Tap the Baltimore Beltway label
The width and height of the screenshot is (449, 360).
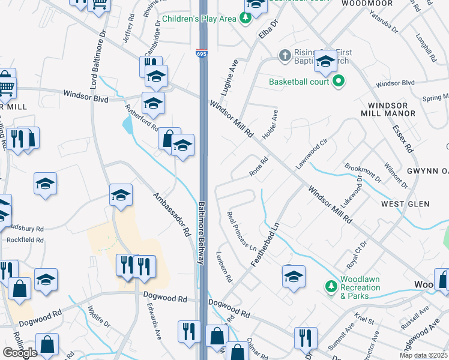(203, 232)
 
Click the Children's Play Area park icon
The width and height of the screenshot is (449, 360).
(246, 19)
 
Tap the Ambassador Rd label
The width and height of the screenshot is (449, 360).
(172, 214)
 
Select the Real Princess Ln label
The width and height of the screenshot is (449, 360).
(242, 231)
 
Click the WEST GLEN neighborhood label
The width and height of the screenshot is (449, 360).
(405, 204)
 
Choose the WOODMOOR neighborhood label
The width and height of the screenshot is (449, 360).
(367, 4)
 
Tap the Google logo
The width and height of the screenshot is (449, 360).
(20, 353)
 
